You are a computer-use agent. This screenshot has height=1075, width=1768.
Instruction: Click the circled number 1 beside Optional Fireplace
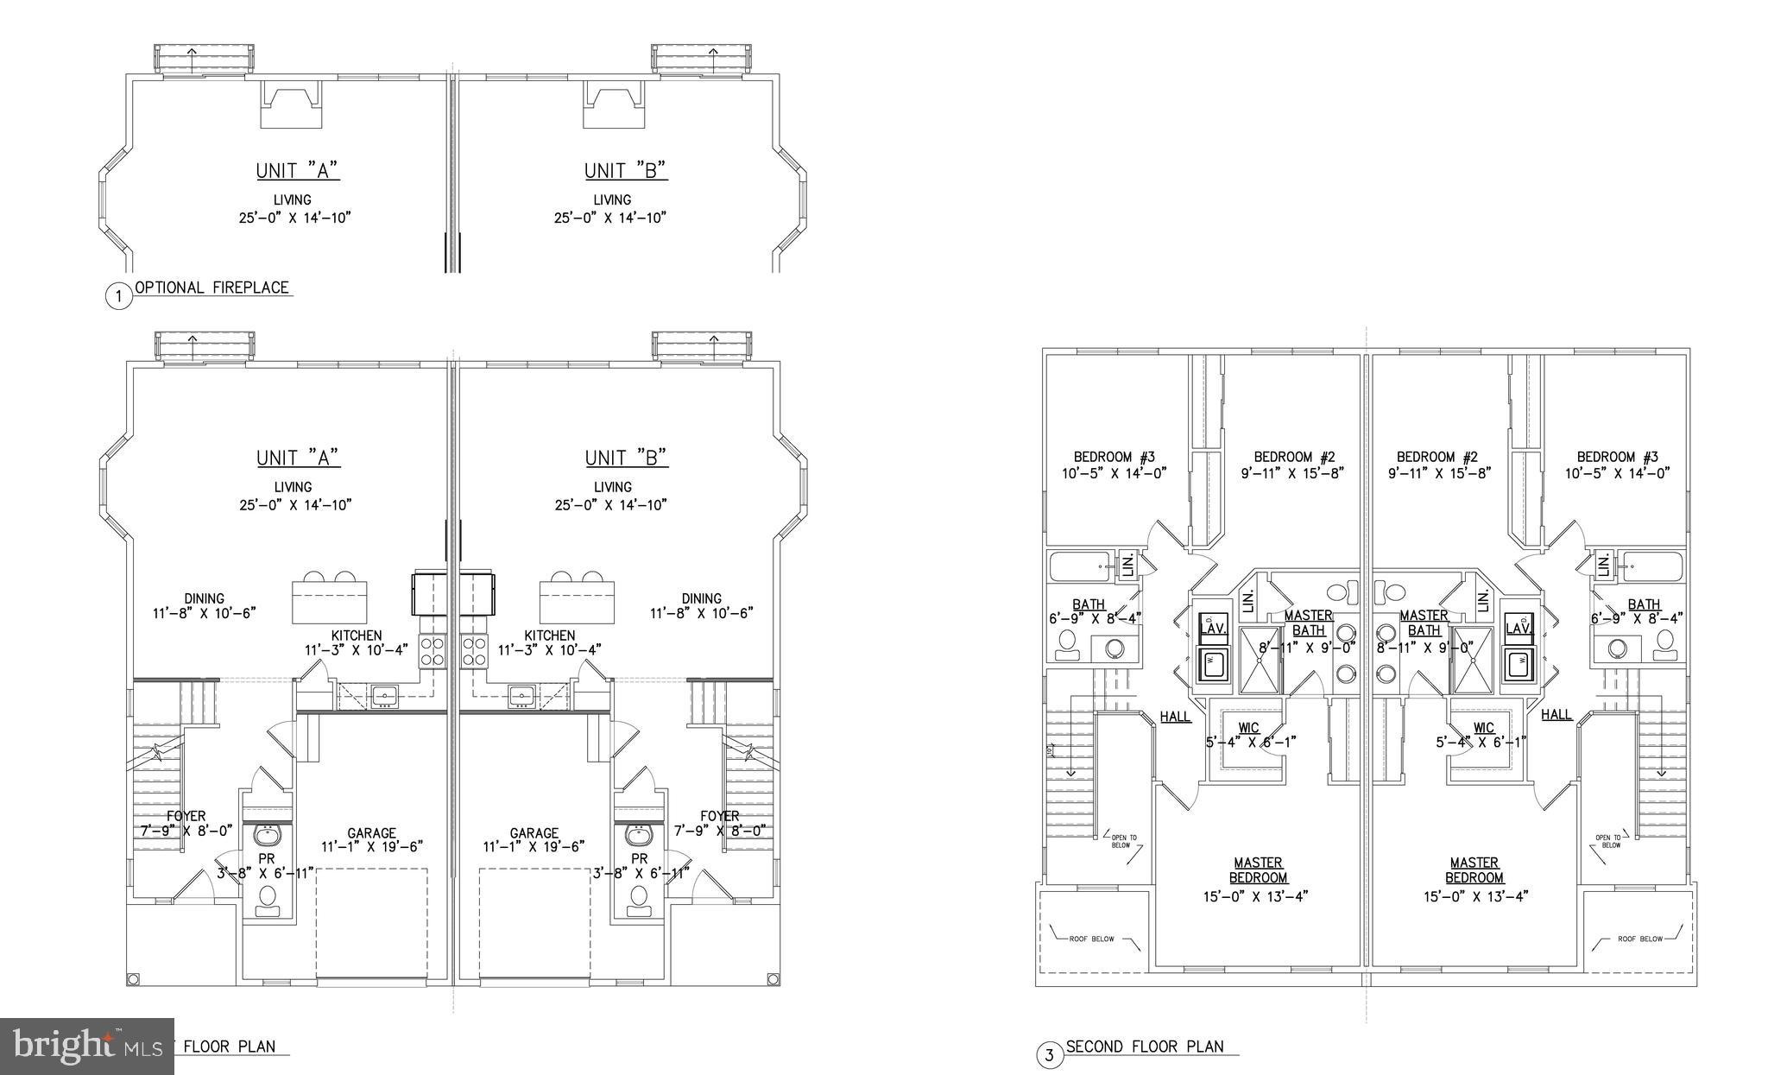(x=118, y=297)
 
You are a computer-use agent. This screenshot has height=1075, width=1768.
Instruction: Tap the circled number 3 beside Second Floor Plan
(x=1049, y=1055)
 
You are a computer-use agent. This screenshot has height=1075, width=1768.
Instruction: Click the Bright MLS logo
(x=85, y=1046)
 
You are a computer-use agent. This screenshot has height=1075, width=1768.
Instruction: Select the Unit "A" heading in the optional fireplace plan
(x=298, y=171)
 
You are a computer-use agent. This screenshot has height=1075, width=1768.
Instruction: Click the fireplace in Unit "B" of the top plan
(x=614, y=104)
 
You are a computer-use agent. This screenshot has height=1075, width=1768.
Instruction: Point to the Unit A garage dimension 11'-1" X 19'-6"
(x=371, y=847)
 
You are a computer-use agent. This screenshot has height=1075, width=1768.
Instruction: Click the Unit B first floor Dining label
(x=701, y=598)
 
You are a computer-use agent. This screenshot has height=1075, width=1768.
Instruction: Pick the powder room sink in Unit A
(x=267, y=837)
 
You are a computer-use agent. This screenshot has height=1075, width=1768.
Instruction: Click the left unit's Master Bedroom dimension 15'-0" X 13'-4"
(x=1258, y=895)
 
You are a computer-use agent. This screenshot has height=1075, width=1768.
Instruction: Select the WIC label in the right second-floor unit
(x=1483, y=728)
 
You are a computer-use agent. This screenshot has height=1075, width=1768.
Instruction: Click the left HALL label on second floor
(x=1175, y=717)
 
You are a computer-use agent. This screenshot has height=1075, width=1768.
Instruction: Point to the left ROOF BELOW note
(x=1091, y=938)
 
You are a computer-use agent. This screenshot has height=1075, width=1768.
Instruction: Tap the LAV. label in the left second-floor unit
(x=1213, y=629)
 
